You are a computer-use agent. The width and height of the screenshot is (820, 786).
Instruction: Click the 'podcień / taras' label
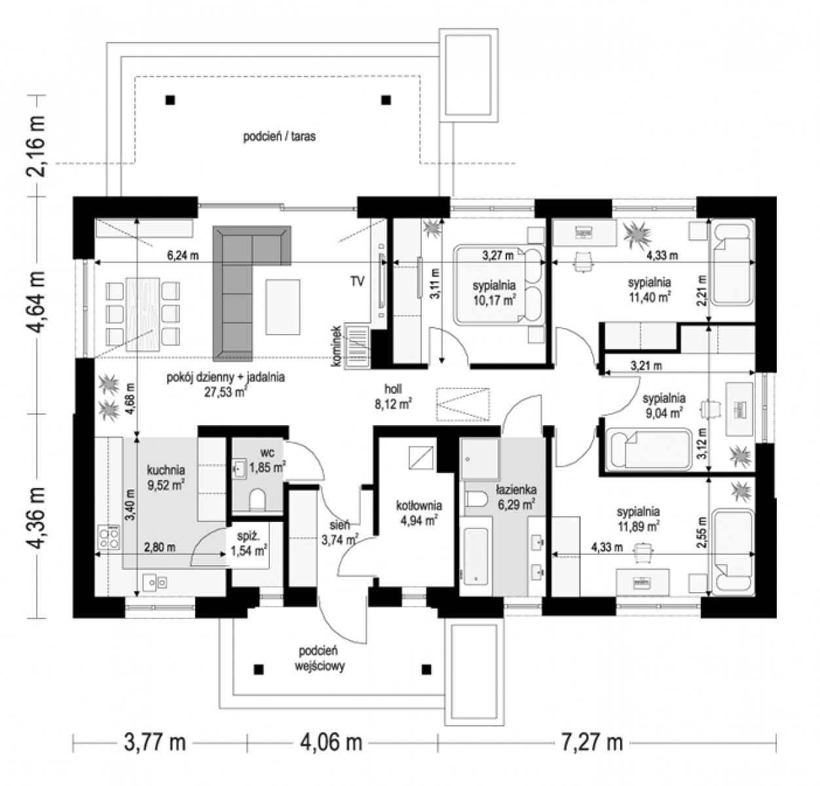click(280, 136)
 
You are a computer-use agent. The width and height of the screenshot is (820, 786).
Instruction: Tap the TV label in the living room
click(357, 281)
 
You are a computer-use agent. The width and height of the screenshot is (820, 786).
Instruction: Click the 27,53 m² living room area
click(225, 392)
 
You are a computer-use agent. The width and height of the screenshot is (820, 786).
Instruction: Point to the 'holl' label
click(393, 388)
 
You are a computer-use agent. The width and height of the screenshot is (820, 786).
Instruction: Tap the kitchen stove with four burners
click(108, 537)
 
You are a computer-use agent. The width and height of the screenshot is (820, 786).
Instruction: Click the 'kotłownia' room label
click(419, 505)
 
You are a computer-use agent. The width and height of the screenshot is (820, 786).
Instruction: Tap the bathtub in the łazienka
click(475, 555)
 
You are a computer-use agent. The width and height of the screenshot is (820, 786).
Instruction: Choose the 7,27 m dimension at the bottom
click(591, 742)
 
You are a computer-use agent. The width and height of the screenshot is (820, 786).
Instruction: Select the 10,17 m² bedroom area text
click(494, 301)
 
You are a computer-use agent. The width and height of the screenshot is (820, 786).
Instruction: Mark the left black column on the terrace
click(170, 100)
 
